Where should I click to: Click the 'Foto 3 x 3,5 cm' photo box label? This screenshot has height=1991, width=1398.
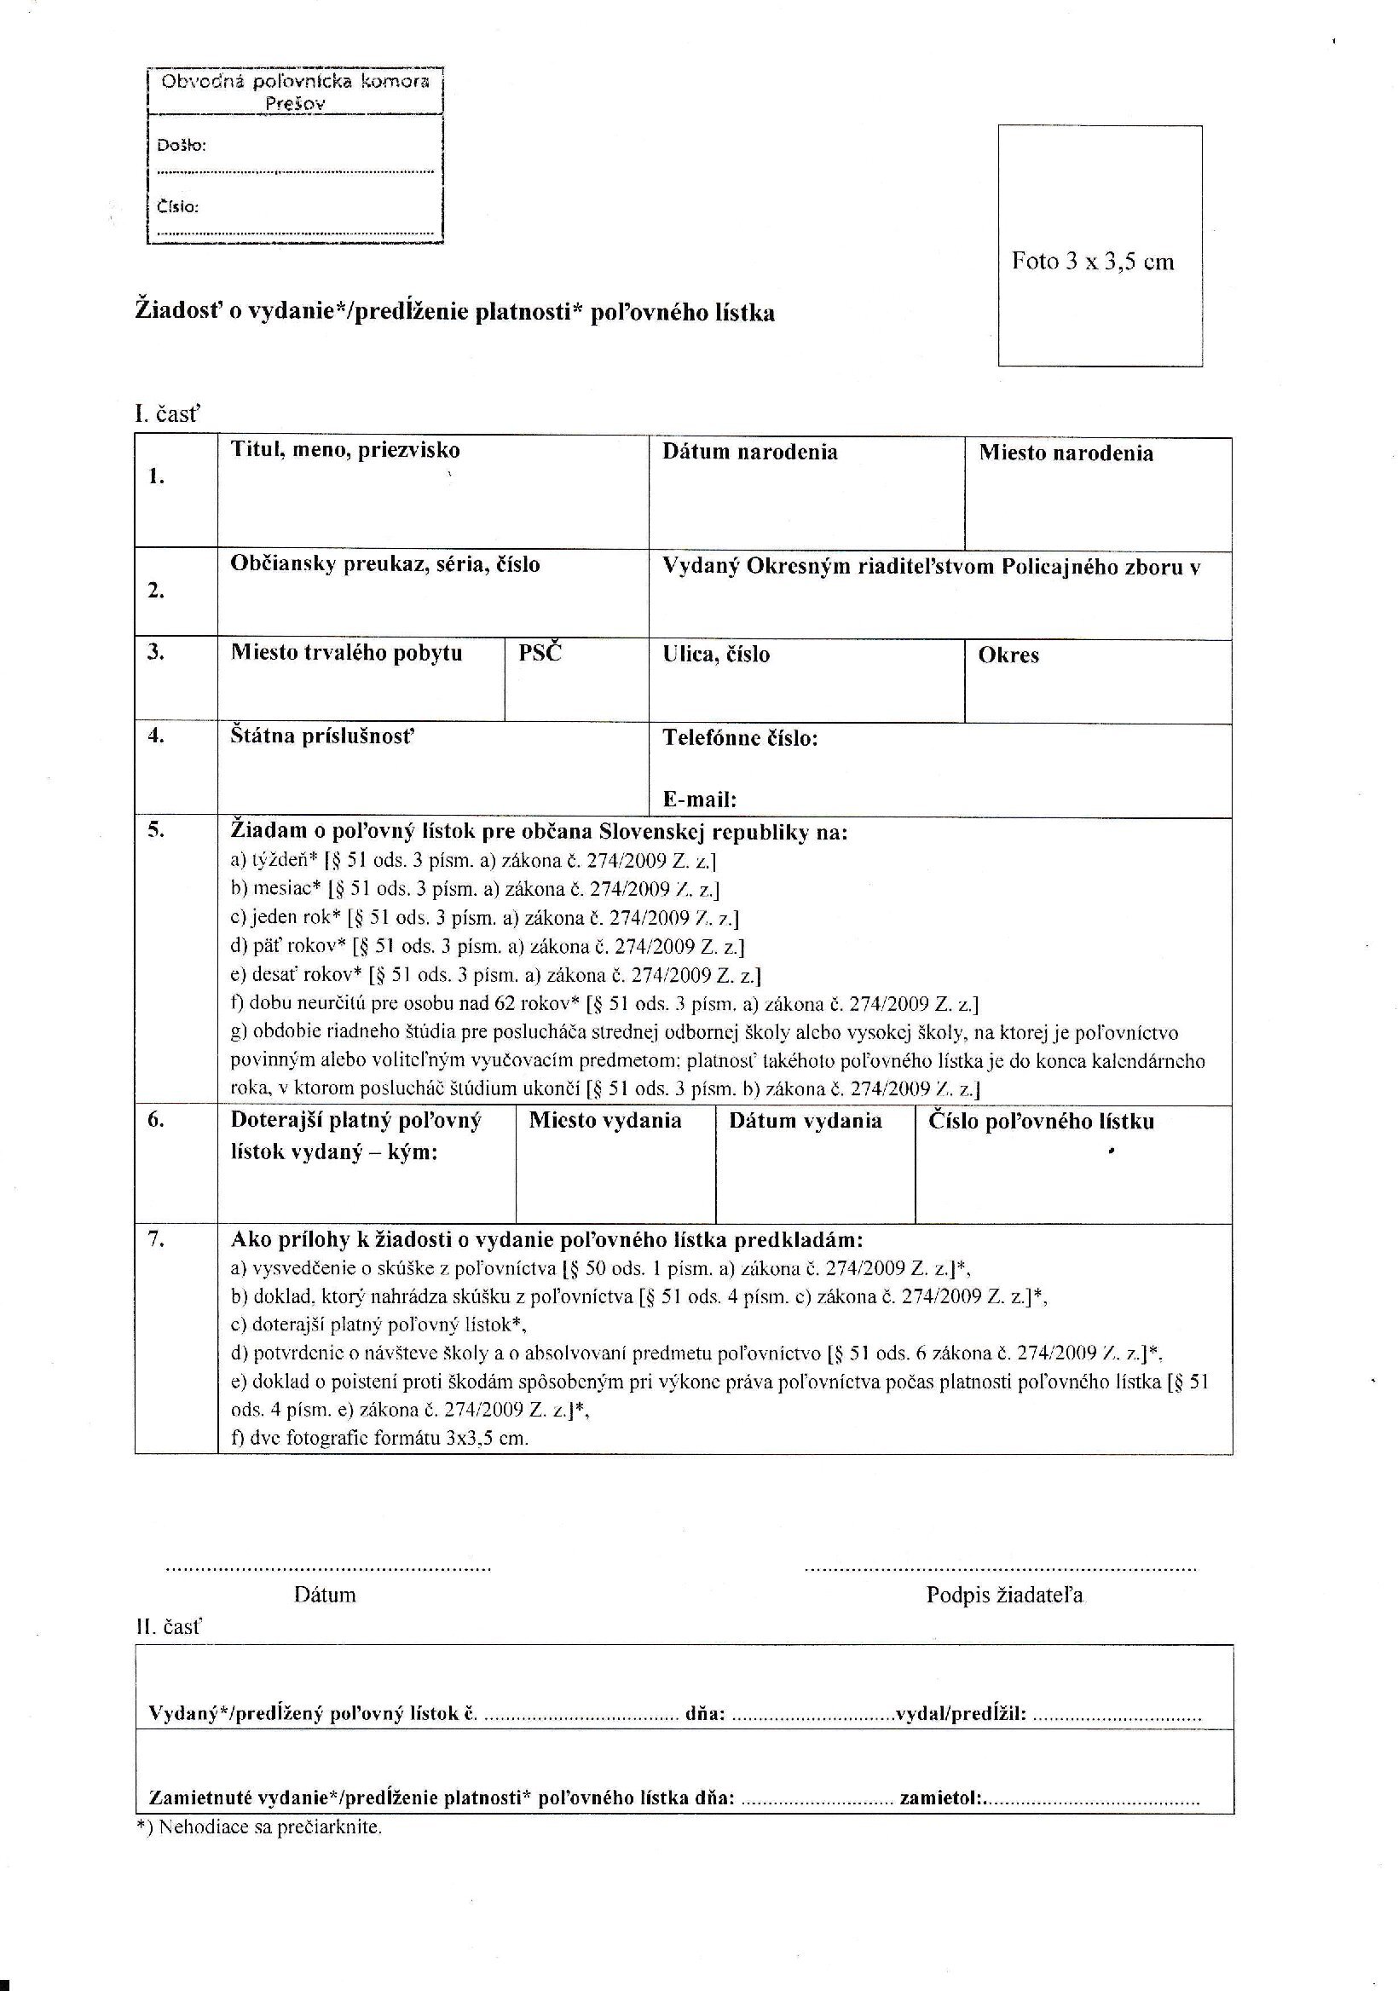click(x=1092, y=262)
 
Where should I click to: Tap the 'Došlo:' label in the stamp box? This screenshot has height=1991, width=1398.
click(x=182, y=145)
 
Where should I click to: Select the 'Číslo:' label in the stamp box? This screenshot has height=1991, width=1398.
click(x=178, y=206)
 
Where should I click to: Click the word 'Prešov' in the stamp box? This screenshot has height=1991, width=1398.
click(x=295, y=103)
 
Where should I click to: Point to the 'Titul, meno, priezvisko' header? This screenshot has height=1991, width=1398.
click(x=345, y=450)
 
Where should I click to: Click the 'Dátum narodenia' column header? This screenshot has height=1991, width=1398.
click(x=750, y=452)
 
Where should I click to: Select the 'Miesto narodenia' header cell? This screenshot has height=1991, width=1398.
click(x=1066, y=453)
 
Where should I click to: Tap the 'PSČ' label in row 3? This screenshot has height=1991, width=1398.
click(x=540, y=653)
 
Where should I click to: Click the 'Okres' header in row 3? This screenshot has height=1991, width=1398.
click(x=1008, y=655)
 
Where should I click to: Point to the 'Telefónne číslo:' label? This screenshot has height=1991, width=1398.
click(x=741, y=738)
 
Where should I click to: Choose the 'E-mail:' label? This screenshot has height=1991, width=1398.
click(x=700, y=799)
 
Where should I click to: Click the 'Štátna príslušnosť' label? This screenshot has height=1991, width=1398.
click(x=322, y=737)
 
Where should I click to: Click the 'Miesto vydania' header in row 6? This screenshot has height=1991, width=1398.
click(x=605, y=1121)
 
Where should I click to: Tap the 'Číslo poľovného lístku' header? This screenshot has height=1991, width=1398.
click(x=1042, y=1122)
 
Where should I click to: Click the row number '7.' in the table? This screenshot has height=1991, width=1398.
click(x=156, y=1239)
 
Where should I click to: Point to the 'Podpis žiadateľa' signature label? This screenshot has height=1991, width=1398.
click(x=1004, y=1595)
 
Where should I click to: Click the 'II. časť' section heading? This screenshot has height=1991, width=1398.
click(x=167, y=1627)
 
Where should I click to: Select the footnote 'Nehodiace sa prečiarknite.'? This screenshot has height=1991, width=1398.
click(x=269, y=1827)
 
